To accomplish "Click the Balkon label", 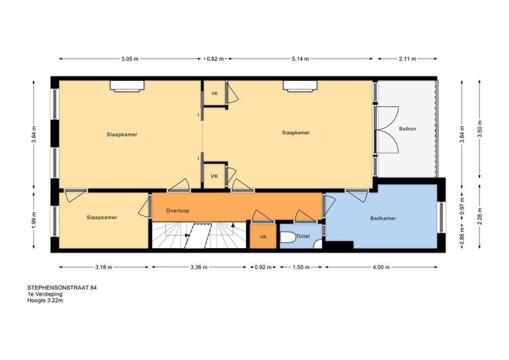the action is [407, 129].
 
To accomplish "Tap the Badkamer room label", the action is [383, 219].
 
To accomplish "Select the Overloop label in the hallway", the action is [177, 211].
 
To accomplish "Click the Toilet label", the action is [303, 237].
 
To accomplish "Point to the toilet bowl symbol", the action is [288, 237].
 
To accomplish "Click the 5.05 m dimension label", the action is [130, 59].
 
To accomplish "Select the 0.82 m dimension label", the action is [215, 59].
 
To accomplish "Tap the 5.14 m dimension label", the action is [300, 59].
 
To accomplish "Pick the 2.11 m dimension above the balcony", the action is [407, 59].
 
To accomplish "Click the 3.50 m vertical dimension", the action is [480, 129].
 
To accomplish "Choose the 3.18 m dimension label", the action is [103, 267].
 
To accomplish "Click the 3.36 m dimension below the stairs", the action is [199, 267].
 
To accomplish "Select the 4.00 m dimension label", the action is [381, 267].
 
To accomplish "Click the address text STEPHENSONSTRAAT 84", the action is [62, 287].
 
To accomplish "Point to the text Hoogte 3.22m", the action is [45, 301].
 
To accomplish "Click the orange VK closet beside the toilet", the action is [263, 237].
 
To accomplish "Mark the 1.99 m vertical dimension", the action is [34, 220].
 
